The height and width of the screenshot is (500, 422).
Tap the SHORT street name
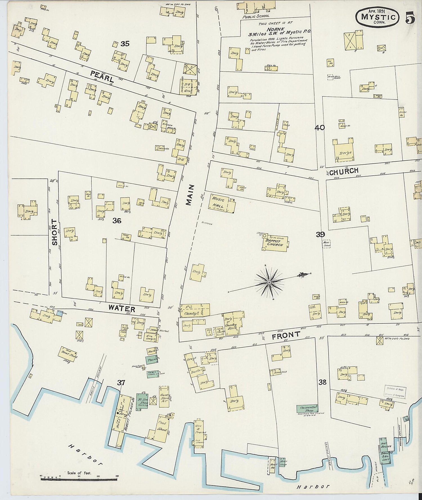[x=55, y=232]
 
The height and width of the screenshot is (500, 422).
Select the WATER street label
[x=122, y=308]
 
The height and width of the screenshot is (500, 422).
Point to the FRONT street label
[x=286, y=335]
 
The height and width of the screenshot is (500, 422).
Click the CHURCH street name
[x=344, y=171]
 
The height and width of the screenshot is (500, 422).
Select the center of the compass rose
[x=269, y=282]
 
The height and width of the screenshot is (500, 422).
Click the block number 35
[x=125, y=44]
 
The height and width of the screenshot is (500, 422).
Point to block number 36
[x=117, y=221]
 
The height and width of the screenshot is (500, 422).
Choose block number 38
[x=322, y=382]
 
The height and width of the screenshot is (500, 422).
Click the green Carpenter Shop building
[x=308, y=408]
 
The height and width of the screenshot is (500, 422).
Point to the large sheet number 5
[x=410, y=18]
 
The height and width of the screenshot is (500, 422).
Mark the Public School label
[x=256, y=16]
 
